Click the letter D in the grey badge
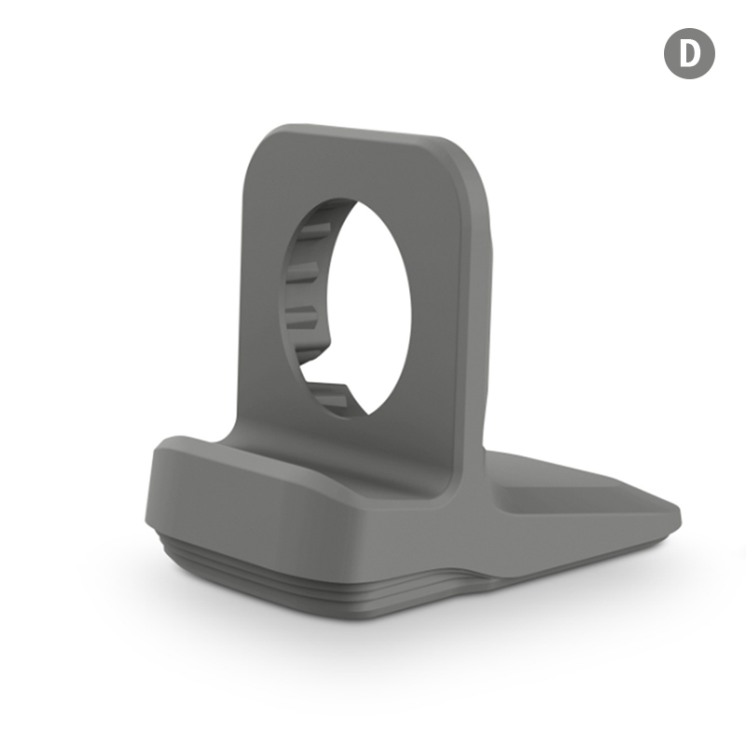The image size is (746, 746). coord(690,53)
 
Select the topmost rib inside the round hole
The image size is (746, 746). coord(315,230)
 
